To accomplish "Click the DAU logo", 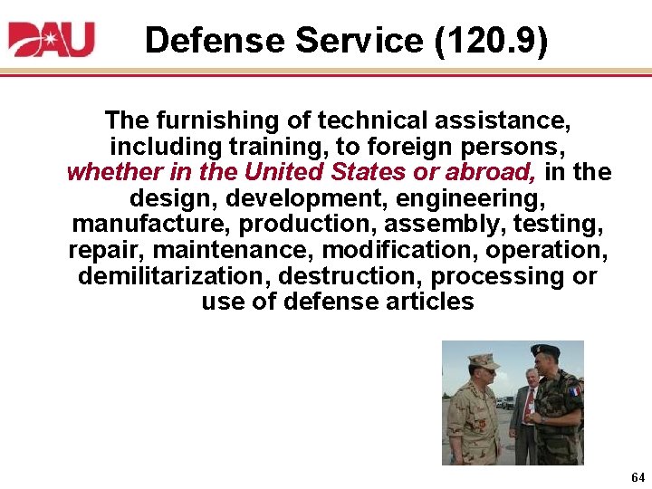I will coord(51,39).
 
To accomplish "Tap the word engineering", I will coord(476,197).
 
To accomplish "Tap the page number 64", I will coord(638,477).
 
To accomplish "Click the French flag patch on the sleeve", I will coord(573,391).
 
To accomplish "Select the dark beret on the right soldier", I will coord(545,350).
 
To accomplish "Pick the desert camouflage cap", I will coord(483,360).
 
